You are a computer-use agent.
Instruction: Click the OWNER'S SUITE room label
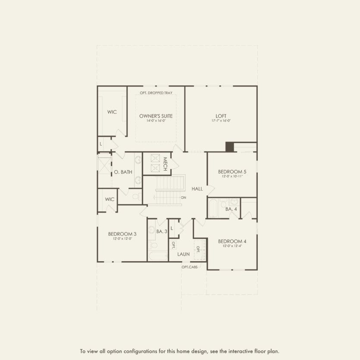(156, 116)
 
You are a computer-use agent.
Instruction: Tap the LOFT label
(221, 116)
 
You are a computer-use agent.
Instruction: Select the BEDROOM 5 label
(232, 172)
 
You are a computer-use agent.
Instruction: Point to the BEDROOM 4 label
(232, 241)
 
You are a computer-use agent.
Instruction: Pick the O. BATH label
(123, 172)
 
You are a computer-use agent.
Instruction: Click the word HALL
(197, 189)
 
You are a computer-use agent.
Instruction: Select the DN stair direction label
(183, 197)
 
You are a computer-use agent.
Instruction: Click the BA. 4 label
(231, 209)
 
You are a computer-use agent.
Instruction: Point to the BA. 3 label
(162, 232)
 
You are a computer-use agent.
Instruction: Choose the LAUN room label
(183, 254)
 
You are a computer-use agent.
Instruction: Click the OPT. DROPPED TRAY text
(156, 93)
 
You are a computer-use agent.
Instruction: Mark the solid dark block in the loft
(229, 147)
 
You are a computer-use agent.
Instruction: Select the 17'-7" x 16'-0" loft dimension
(221, 121)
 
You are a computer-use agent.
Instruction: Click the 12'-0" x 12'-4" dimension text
(232, 246)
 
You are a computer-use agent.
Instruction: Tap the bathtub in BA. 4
(213, 208)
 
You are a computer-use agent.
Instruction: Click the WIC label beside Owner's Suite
(112, 112)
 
